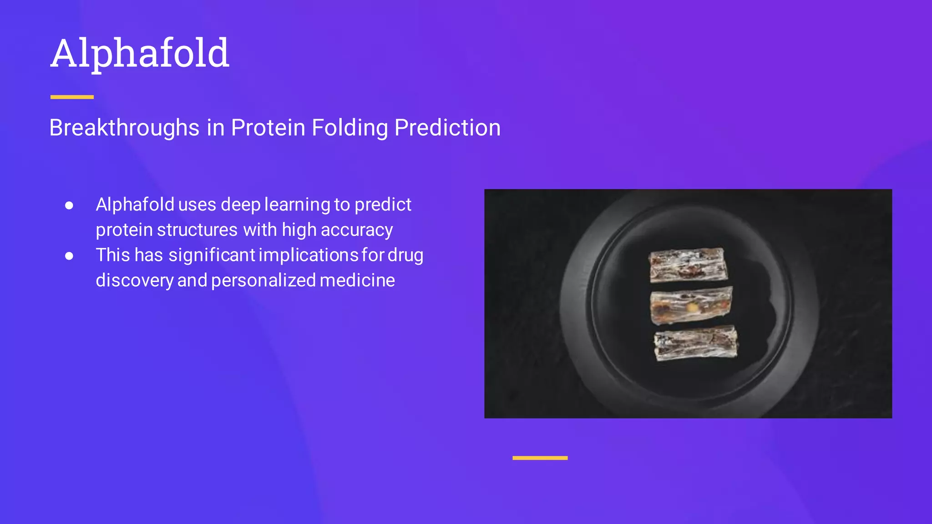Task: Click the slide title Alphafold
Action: tap(140, 54)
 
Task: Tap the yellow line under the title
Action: tap(72, 97)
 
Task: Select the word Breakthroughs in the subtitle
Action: tap(124, 127)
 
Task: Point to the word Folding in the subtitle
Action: tap(349, 128)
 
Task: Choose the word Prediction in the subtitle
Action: tap(447, 127)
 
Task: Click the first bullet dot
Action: tap(69, 206)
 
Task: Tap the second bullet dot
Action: tap(69, 256)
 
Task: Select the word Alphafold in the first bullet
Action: tap(135, 205)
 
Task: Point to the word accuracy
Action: tap(357, 231)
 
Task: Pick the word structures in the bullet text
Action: tap(197, 230)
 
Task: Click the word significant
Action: tap(212, 256)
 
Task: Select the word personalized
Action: tap(263, 281)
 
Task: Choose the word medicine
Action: tap(357, 281)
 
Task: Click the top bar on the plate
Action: tap(688, 265)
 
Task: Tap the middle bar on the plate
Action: tap(691, 305)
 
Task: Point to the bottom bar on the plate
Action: tap(695, 343)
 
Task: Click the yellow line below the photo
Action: tap(540, 458)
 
